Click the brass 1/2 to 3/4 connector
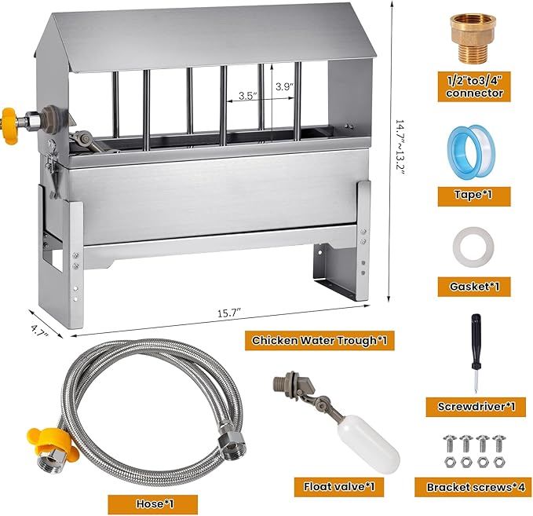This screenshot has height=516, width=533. tap(473, 38)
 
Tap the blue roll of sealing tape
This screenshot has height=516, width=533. tap(471, 151)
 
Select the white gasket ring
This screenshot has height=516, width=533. tap(473, 248)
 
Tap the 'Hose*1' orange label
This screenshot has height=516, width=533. tap(153, 503)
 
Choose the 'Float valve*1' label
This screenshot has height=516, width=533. tap(339, 487)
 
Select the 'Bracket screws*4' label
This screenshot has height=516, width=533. tap(473, 487)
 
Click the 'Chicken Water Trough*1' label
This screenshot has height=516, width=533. tap(319, 340)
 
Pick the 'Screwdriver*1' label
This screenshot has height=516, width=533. tap(476, 407)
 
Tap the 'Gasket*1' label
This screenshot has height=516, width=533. tap(474, 287)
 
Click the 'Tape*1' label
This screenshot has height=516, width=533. tap(474, 196)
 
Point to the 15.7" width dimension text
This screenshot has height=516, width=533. tap(230, 313)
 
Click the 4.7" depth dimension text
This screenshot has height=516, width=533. tap(39, 331)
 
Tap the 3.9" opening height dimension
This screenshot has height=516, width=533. tap(284, 86)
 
